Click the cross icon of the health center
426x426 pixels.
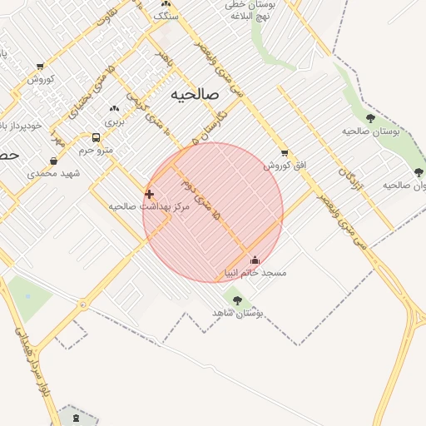coord(150,194)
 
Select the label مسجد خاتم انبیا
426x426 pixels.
coord(255,273)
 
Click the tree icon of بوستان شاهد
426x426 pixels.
coord(238,300)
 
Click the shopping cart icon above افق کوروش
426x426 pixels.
coord(285,154)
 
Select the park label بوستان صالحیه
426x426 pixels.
coord(371,131)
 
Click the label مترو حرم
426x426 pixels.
coord(96,151)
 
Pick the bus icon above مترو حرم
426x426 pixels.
coord(96,138)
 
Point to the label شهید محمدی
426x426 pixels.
coord(52,173)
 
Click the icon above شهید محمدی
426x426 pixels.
coord(53,161)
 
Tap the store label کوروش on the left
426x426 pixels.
coord(41,80)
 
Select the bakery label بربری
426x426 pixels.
coord(114,121)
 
